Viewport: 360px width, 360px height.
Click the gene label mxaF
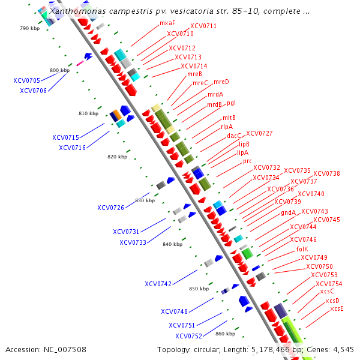tap(167, 23)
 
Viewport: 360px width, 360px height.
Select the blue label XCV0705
tap(26, 80)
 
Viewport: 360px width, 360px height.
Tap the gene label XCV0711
tap(203, 26)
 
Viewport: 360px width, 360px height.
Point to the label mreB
tap(194, 74)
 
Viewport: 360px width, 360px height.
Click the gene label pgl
tap(231, 103)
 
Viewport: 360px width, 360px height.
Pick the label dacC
tap(233, 136)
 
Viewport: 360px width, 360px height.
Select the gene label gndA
tap(288, 212)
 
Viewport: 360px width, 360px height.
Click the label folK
tap(302, 248)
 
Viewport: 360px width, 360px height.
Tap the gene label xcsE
tap(337, 308)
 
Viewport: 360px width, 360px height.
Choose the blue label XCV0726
tap(110, 208)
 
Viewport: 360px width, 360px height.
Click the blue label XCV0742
tap(158, 284)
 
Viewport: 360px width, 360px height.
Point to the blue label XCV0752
tap(188, 336)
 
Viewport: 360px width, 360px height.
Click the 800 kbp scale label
tap(59, 71)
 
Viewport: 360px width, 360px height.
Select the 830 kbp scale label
tap(145, 200)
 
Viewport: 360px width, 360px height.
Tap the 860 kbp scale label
tap(225, 334)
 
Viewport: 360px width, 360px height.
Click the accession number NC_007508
tap(65, 349)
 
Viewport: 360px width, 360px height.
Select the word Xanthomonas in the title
tap(77, 11)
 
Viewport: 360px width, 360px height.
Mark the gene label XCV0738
tap(326, 174)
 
